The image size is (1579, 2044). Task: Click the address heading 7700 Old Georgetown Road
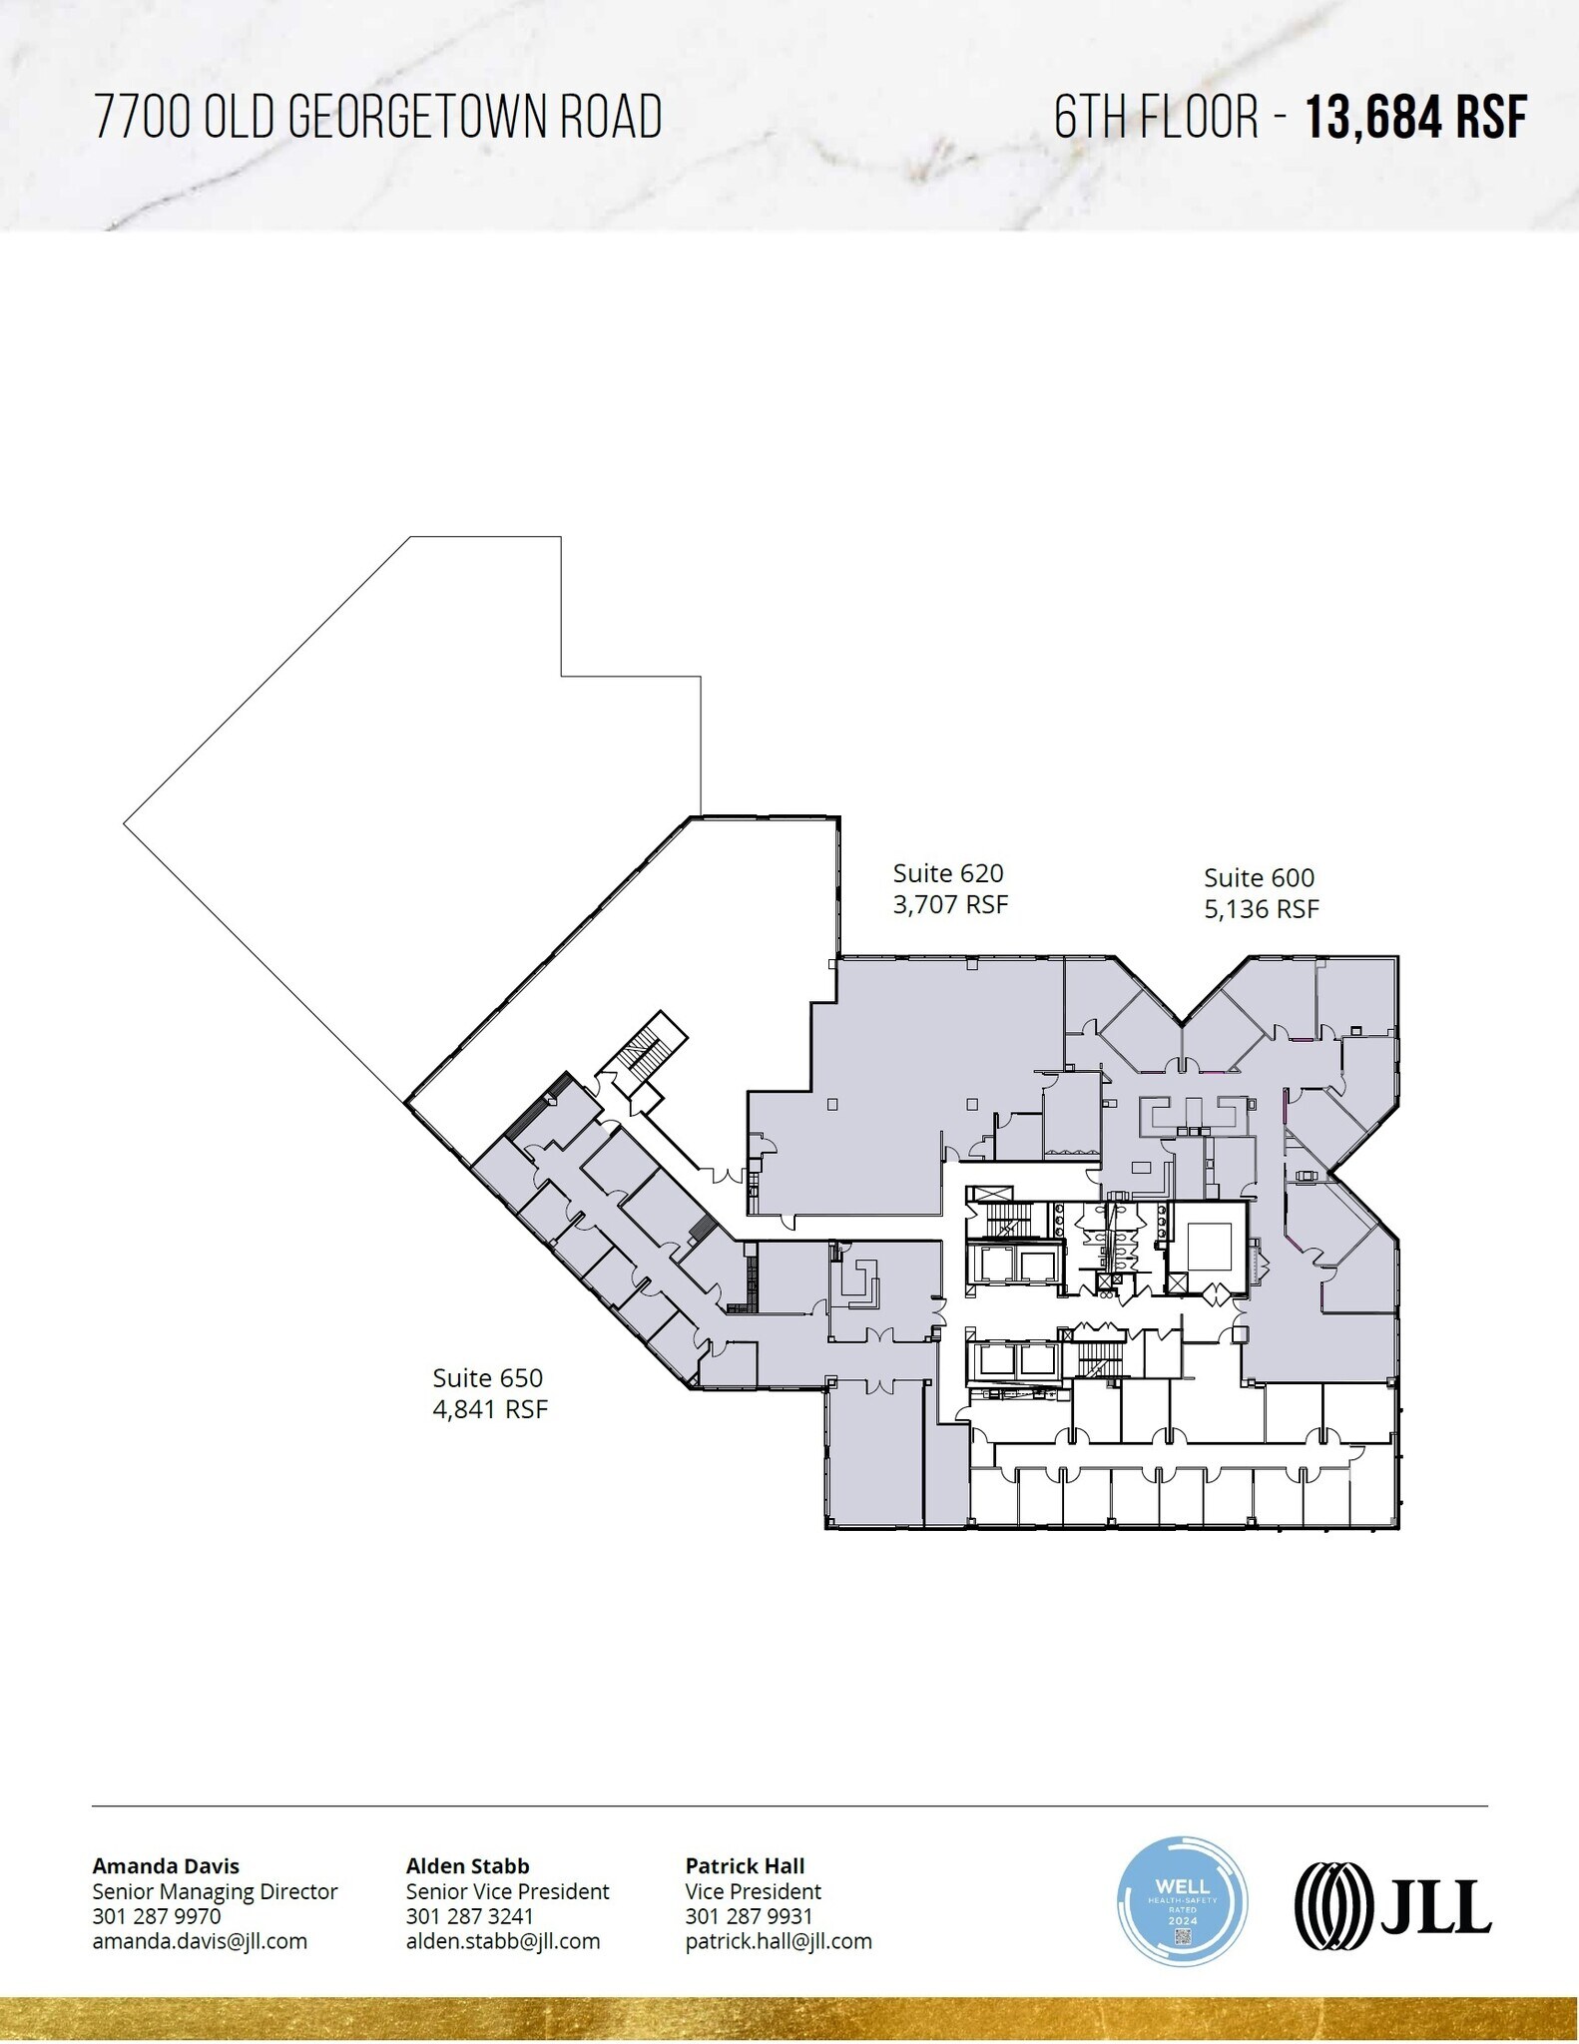click(377, 117)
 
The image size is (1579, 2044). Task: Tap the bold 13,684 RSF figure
click(1416, 118)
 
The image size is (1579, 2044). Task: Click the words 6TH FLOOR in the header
click(1157, 118)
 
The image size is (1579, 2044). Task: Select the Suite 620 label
click(947, 873)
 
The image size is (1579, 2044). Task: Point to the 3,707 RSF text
click(950, 904)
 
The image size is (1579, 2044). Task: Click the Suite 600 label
click(1259, 878)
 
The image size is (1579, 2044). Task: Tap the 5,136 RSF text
click(1261, 909)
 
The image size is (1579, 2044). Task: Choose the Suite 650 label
click(487, 1378)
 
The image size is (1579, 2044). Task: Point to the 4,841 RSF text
click(490, 1409)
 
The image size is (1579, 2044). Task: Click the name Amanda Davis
click(166, 1866)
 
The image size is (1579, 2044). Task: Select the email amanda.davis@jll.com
click(200, 1941)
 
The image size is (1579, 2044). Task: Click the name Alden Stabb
click(467, 1866)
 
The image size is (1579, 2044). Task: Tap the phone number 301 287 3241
click(469, 1916)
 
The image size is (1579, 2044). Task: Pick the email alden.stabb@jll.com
click(503, 1941)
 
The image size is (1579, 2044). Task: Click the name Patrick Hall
click(745, 1866)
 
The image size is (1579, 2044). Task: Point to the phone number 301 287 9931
click(749, 1916)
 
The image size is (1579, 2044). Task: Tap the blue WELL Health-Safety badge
click(1182, 1901)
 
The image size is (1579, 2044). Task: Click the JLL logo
click(1392, 1906)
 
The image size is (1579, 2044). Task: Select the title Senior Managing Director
click(215, 1891)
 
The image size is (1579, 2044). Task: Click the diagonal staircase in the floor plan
click(644, 1048)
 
